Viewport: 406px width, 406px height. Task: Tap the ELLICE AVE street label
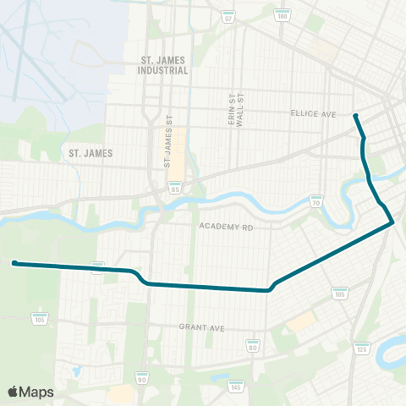pos(313,114)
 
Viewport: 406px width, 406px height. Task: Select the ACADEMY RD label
pos(227,227)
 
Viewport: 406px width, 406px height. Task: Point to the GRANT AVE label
pos(200,326)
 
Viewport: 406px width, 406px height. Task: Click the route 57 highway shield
pos(228,17)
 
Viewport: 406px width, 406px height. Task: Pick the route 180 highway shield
pos(283,16)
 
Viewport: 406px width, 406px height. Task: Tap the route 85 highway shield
pos(174,189)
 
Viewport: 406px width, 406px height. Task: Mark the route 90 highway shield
pos(141,377)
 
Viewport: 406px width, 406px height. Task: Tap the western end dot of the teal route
pos(14,263)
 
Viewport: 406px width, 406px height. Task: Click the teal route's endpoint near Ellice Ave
pos(355,116)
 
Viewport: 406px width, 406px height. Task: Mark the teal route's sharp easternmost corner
pos(393,222)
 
